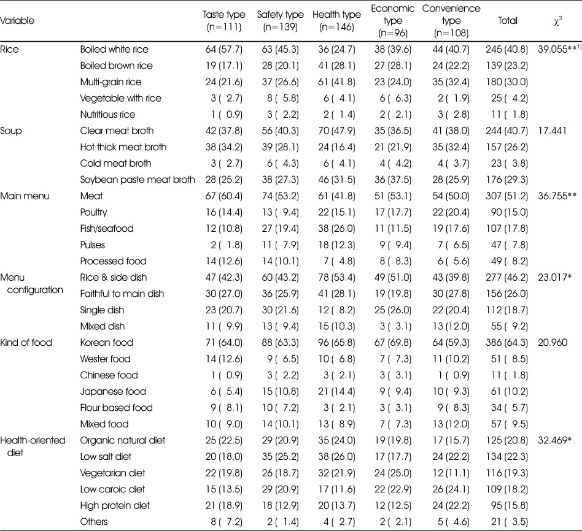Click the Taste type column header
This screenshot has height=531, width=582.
(224, 21)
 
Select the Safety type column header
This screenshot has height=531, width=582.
(280, 21)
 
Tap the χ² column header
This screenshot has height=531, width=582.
(557, 21)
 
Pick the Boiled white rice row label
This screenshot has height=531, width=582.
(114, 49)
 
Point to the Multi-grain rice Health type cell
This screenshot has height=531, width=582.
(336, 82)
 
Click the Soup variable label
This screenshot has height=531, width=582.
(11, 131)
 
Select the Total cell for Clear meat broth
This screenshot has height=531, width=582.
(506, 131)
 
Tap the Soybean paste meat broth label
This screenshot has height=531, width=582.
(138, 180)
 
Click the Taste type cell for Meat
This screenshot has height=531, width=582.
(224, 196)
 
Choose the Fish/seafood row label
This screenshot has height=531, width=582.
(107, 229)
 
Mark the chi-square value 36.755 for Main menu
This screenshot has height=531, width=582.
(557, 196)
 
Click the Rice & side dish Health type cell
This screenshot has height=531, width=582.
(336, 278)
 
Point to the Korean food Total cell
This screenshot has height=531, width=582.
(506, 343)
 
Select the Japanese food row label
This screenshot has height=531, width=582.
(113, 392)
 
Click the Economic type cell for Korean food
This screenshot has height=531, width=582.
(393, 343)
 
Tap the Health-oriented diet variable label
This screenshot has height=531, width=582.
(33, 446)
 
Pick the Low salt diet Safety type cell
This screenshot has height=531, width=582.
(280, 457)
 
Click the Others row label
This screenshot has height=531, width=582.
(94, 522)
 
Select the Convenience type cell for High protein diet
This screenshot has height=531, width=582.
(451, 506)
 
